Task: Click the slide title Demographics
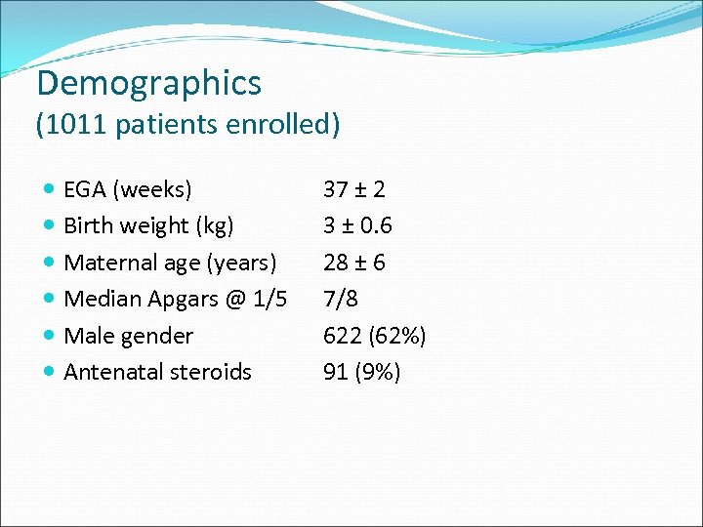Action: point(149,83)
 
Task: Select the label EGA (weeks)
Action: point(128,188)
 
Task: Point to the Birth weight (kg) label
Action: point(148,225)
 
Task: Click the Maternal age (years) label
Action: point(170,263)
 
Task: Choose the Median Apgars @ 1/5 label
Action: point(175,299)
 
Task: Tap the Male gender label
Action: point(128,336)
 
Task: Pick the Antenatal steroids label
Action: point(157,372)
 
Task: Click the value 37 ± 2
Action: point(353,188)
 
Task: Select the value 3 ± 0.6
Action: point(357,225)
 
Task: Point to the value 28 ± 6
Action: point(353,263)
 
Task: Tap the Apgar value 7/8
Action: point(341,299)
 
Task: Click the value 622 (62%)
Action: point(374,336)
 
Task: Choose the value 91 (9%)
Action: point(361,372)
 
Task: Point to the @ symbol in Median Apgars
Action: point(235,300)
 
